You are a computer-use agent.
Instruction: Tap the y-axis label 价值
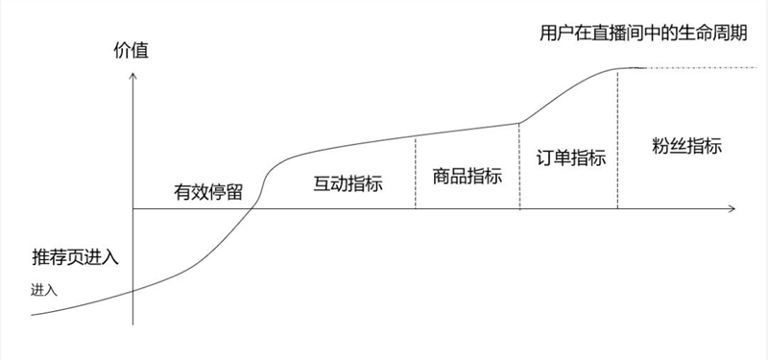point(132,50)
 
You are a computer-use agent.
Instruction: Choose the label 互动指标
point(348,182)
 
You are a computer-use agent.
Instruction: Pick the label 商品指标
point(468,177)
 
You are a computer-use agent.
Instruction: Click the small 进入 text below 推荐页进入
point(45,289)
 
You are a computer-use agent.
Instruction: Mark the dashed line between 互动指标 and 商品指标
point(416,173)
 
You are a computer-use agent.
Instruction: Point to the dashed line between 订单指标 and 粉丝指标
point(617,139)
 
